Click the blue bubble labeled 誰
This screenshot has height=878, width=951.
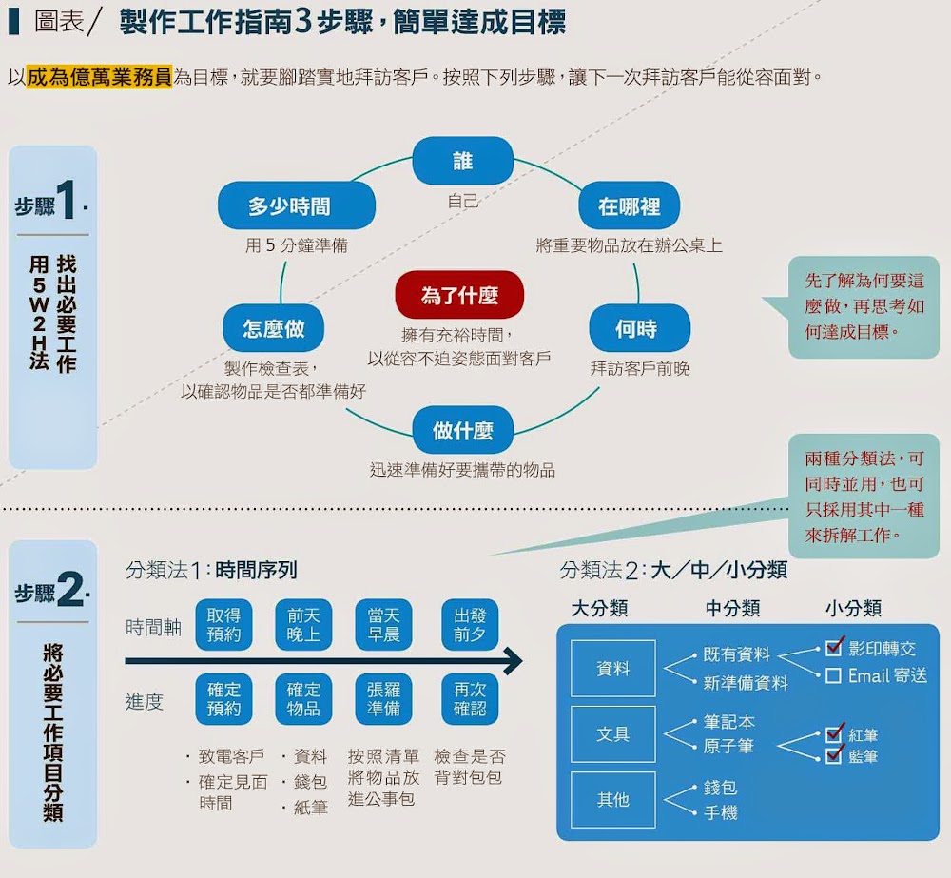(462, 161)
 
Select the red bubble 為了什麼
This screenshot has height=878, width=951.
(459, 295)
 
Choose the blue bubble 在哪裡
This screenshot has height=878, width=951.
(629, 206)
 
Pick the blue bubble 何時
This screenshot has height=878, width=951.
(636, 329)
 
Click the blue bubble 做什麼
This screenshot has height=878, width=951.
(463, 430)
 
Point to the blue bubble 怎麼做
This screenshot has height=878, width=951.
(273, 329)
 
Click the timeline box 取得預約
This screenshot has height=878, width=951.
(223, 624)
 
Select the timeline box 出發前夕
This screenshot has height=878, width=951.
(470, 624)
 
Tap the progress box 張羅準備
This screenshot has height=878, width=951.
(384, 699)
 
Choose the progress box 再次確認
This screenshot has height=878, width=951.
(470, 699)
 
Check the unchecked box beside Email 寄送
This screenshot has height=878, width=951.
(833, 676)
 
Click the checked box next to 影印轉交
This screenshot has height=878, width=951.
(834, 649)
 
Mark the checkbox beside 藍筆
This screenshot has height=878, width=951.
(834, 756)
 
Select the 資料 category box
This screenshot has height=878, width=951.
(613, 669)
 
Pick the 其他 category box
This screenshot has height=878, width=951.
(613, 800)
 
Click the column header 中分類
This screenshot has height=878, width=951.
(732, 608)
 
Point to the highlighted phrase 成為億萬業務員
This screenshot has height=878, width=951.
(100, 76)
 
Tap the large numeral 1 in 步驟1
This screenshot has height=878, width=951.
(67, 203)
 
